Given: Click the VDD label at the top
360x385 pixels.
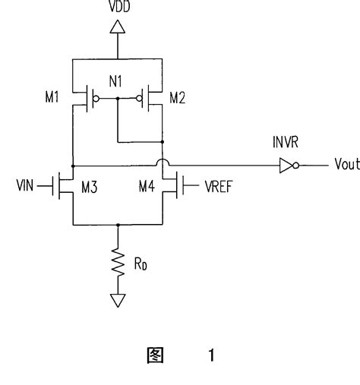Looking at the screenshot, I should point(118,9).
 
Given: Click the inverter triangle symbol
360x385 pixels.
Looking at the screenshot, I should point(286,165).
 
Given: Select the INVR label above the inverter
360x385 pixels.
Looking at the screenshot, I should point(286,144).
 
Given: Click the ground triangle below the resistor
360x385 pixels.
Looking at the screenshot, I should point(118,301).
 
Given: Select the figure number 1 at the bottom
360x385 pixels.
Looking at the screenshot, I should point(210,355).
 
